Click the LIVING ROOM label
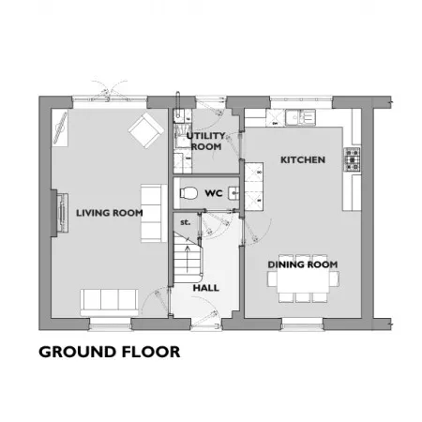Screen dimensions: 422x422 click(x=110, y=213)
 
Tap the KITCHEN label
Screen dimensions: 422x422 click(x=303, y=159)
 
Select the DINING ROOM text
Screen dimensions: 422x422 click(x=303, y=264)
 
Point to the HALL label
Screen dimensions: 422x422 click(x=205, y=288)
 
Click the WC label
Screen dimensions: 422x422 click(x=214, y=193)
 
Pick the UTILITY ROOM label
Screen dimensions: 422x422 click(x=206, y=141)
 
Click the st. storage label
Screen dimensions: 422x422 click(x=185, y=222)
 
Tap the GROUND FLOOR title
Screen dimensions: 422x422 click(x=110, y=352)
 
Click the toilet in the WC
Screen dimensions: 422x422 click(x=188, y=193)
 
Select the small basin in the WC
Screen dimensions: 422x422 click(x=234, y=193)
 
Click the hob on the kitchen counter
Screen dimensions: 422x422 click(x=353, y=159)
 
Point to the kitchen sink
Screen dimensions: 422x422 click(x=300, y=117)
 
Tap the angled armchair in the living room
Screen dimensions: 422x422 click(x=146, y=130)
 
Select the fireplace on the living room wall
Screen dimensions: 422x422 click(x=60, y=213)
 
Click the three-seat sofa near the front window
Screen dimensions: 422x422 click(x=109, y=303)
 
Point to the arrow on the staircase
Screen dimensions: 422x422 click(x=188, y=259)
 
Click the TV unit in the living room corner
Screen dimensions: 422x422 click(x=60, y=128)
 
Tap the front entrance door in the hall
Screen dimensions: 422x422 click(x=206, y=319)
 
